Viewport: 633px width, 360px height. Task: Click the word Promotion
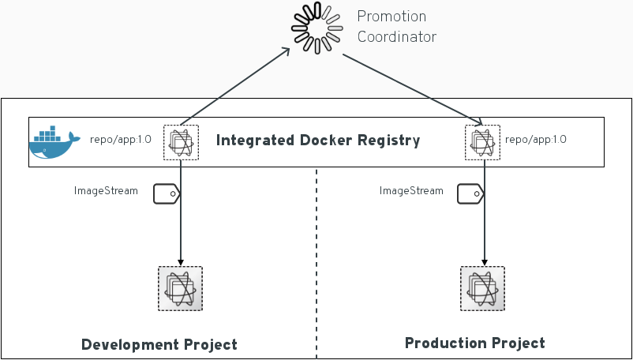coord(391,17)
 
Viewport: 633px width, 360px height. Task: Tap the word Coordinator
coord(396,37)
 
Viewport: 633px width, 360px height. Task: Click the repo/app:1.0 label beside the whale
coord(121,140)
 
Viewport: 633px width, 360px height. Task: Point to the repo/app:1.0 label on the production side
coord(536,140)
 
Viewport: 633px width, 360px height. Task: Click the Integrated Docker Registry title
coord(318,141)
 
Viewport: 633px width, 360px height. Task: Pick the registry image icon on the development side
coord(181,142)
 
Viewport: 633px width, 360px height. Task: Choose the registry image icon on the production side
coord(482,141)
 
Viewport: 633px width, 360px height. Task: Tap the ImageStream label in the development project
coord(106,190)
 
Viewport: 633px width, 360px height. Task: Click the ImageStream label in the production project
coord(411,190)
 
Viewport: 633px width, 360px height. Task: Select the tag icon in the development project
coord(167,194)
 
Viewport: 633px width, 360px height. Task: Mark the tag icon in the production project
coord(470,194)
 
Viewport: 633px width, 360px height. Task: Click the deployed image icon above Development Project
coord(180,288)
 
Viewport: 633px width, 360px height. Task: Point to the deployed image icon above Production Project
coord(482,288)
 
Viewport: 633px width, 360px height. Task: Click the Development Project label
coord(159,345)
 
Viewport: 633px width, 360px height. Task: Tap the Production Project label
coord(474,343)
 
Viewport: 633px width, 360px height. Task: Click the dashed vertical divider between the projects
coord(316,261)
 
